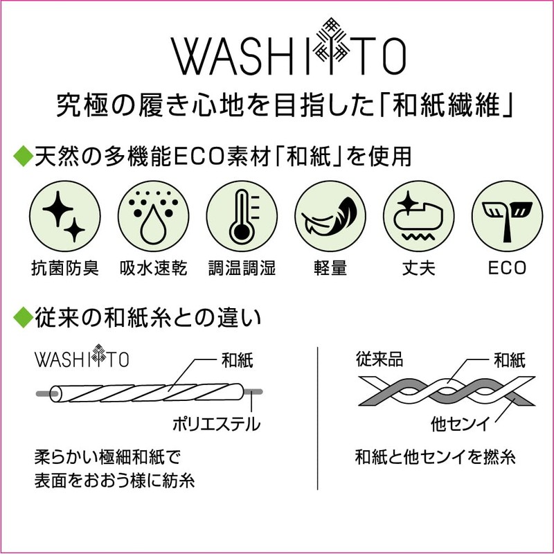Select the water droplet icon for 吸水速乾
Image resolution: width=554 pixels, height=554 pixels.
pyautogui.click(x=153, y=216)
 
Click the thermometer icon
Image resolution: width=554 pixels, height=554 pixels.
pyautogui.click(x=242, y=216)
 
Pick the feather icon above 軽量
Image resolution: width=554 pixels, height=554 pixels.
pyautogui.click(x=330, y=216)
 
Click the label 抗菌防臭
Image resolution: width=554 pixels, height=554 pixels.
pyautogui.click(x=65, y=268)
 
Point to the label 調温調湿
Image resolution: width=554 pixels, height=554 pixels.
pyautogui.click(x=242, y=268)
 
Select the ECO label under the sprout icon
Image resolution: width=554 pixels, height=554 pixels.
pyautogui.click(x=507, y=268)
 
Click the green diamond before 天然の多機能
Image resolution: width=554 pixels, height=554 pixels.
pyautogui.click(x=24, y=156)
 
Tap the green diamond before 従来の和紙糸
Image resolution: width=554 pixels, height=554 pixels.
pyautogui.click(x=24, y=317)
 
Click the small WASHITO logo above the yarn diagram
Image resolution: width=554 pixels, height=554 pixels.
pyautogui.click(x=82, y=357)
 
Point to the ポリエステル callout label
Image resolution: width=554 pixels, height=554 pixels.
pyautogui.click(x=216, y=424)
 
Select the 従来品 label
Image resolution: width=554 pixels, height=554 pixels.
pyautogui.click(x=379, y=359)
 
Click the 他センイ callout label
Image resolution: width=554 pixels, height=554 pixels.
pyautogui.click(x=460, y=424)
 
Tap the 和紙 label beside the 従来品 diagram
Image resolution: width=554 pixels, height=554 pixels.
pyautogui.click(x=510, y=360)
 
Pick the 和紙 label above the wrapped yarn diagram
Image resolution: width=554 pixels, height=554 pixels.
pyautogui.click(x=238, y=360)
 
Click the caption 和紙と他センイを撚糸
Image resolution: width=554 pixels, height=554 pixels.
pyautogui.click(x=436, y=457)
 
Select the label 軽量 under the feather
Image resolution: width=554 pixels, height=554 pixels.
pyautogui.click(x=330, y=268)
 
